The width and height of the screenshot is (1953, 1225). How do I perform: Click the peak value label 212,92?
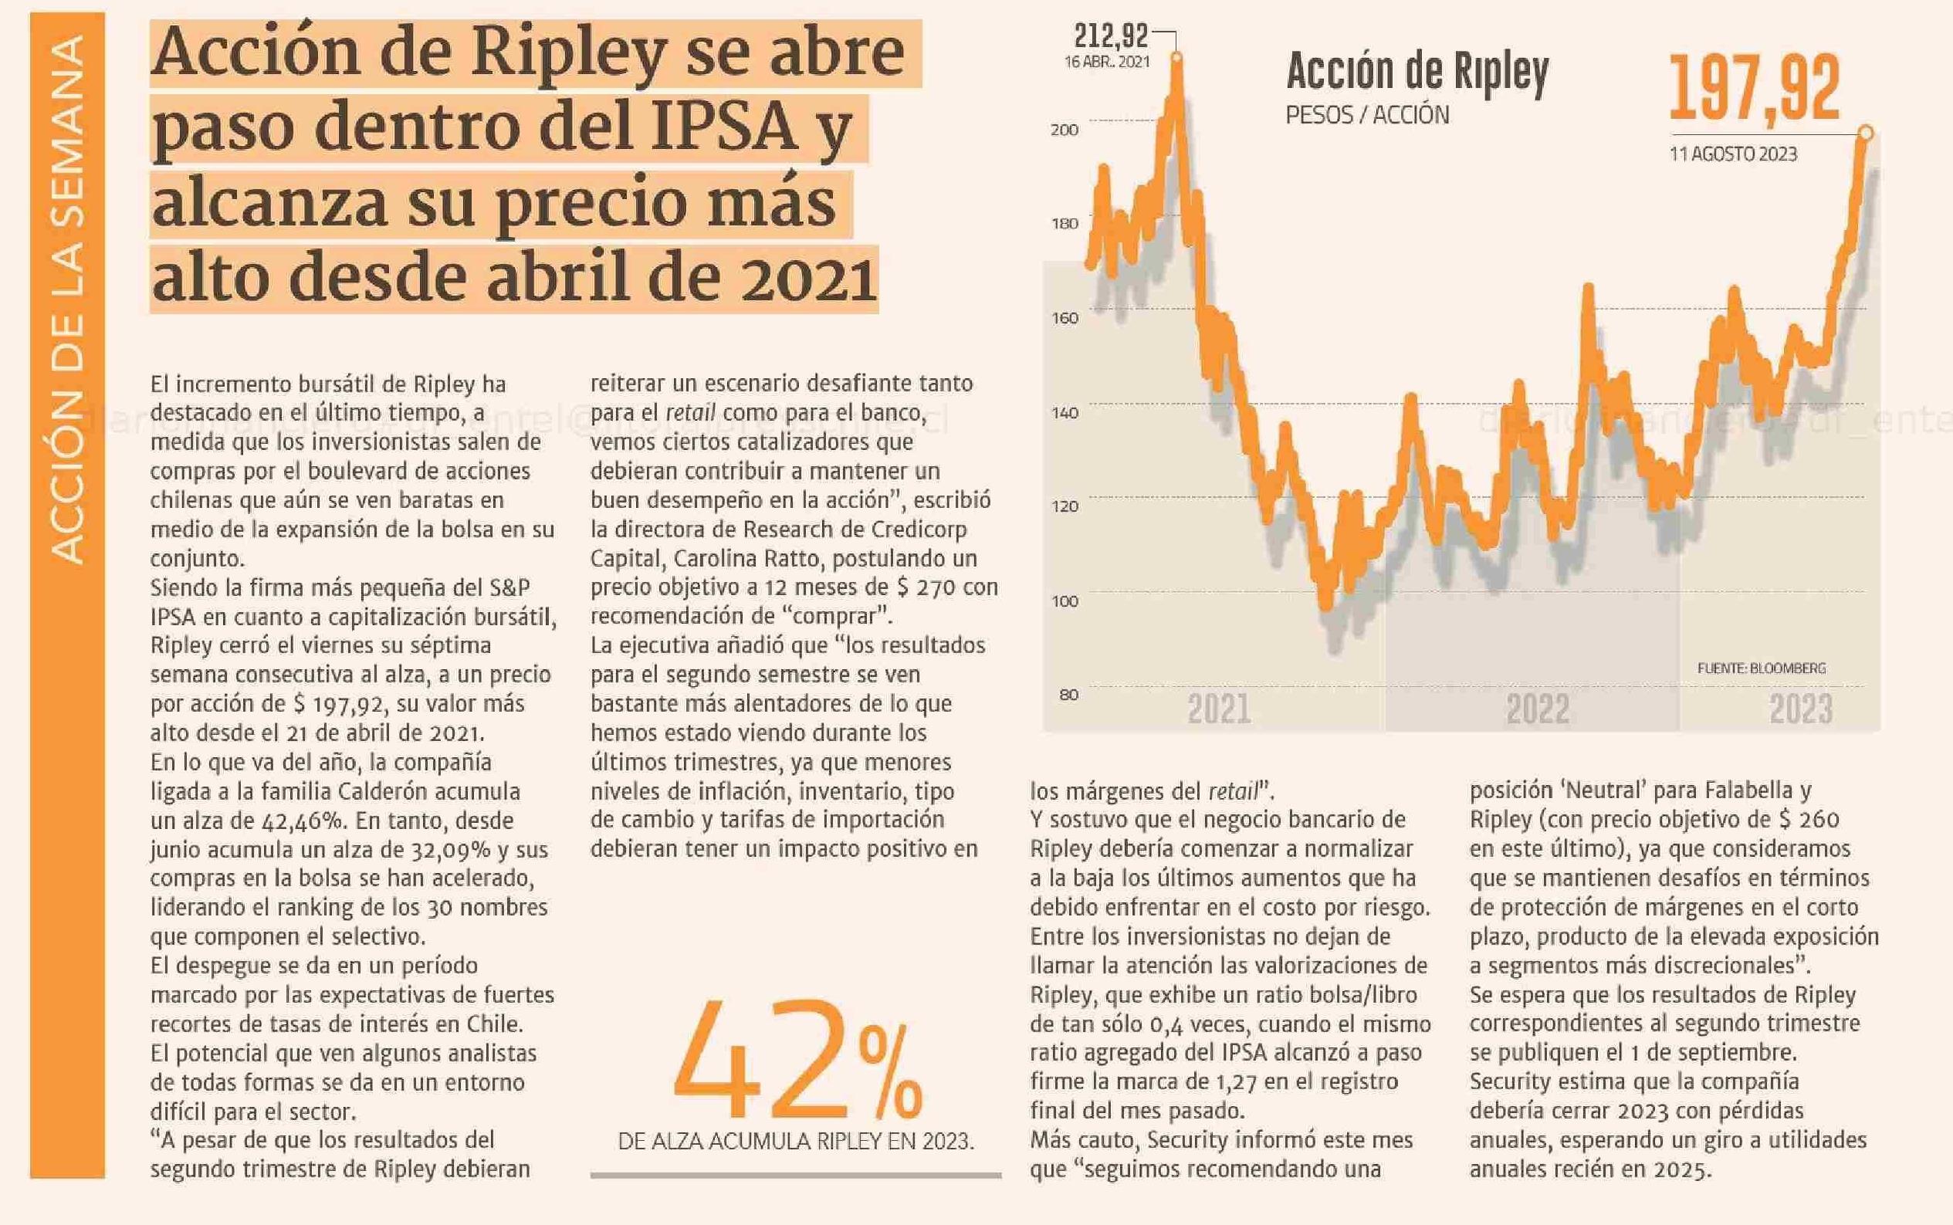point(1111,36)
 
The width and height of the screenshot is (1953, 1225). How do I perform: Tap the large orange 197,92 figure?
point(1755,89)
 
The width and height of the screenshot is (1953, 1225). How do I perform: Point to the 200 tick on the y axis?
point(1065,130)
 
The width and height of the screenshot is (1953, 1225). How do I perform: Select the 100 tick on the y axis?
point(1065,601)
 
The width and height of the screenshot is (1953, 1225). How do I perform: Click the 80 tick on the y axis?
point(1068,695)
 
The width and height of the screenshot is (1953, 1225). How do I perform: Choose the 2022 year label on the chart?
point(1538,709)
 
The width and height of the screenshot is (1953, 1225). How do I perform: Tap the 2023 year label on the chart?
point(1801,709)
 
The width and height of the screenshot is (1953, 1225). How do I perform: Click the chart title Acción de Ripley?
point(1417,71)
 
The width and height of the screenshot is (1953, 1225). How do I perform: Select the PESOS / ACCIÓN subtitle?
point(1367,115)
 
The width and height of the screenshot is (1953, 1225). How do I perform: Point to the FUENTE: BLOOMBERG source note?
point(1762,668)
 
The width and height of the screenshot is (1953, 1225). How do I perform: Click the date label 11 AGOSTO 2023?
point(1733,154)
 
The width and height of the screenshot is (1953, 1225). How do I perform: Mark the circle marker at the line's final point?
point(1866,132)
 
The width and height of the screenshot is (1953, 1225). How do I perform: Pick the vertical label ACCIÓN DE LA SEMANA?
point(67,299)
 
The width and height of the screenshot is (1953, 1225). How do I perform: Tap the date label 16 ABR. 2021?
point(1106,63)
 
